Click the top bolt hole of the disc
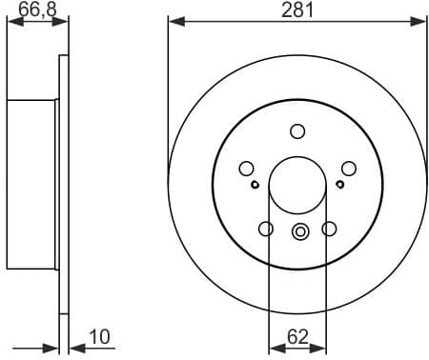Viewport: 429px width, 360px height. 297,131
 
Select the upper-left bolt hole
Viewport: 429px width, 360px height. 246,169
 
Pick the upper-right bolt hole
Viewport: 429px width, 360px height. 349,169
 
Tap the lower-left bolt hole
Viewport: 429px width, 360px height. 266,229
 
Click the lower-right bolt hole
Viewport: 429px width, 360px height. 330,229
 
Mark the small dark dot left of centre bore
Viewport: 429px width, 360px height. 255,185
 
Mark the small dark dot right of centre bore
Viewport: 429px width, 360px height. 341,185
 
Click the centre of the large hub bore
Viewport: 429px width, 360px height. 297,184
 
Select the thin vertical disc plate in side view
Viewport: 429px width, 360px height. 64,181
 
